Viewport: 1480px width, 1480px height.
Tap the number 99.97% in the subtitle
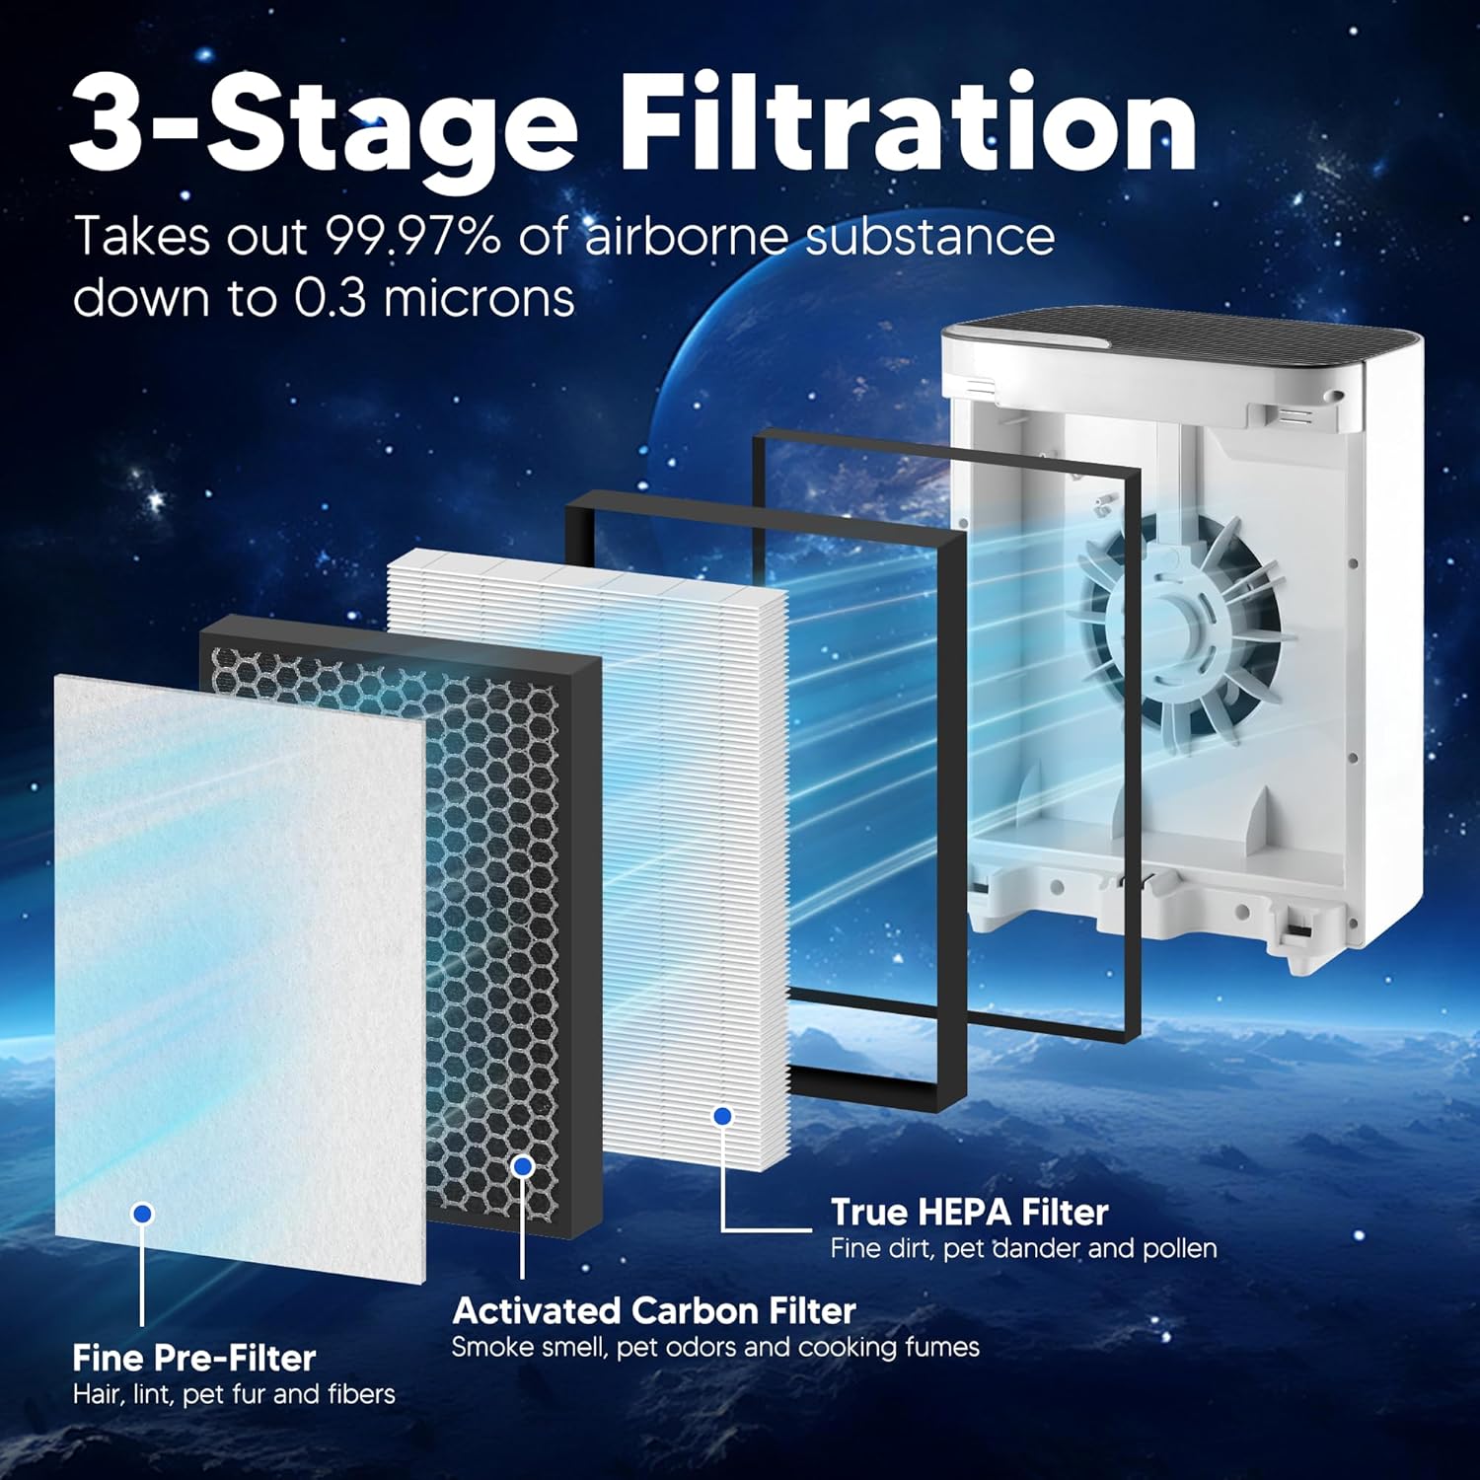pos(412,237)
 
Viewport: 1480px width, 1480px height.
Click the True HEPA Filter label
pos(969,1212)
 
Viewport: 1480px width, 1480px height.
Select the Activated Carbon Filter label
pos(653,1310)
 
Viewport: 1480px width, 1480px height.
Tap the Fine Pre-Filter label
pos(193,1358)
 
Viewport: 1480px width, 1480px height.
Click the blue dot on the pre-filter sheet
pos(143,1213)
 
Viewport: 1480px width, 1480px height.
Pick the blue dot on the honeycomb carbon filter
pos(523,1166)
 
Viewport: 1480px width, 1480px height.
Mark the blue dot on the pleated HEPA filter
pos(723,1115)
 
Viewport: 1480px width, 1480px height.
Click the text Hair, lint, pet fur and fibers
pos(234,1394)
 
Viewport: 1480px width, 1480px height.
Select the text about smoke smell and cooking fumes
pos(715,1347)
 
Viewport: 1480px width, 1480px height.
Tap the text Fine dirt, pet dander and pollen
pos(1023,1248)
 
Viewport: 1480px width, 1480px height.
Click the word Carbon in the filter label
pos(695,1310)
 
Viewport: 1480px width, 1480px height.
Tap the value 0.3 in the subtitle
pos(330,297)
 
